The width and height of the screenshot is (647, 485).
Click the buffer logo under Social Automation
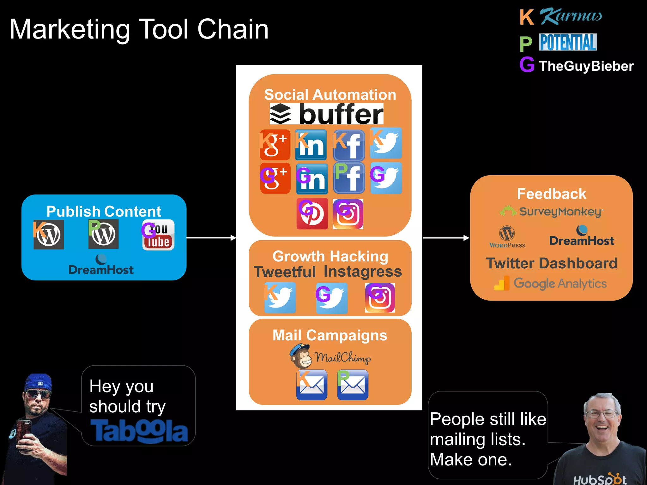(326, 114)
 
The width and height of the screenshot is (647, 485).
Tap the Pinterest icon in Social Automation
(312, 214)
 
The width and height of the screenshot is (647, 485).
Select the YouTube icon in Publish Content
(158, 235)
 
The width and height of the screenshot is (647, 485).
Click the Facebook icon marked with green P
(349, 178)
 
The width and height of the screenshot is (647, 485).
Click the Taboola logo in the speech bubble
(139, 431)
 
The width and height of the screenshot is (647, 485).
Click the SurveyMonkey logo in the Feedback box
(552, 211)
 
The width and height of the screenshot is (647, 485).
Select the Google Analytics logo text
(560, 283)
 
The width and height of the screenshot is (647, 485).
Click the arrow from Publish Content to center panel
(211, 238)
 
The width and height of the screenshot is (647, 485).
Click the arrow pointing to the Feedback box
(446, 238)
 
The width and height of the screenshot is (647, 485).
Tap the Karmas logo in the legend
(570, 16)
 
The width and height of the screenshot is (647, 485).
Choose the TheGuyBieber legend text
(586, 66)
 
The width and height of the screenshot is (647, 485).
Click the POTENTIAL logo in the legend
(568, 42)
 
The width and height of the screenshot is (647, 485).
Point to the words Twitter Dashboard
(552, 263)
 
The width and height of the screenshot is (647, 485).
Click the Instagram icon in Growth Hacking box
(380, 298)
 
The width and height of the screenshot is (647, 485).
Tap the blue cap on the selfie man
(39, 382)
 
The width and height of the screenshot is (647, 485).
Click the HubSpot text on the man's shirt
(599, 479)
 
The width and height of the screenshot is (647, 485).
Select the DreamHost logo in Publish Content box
(101, 265)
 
